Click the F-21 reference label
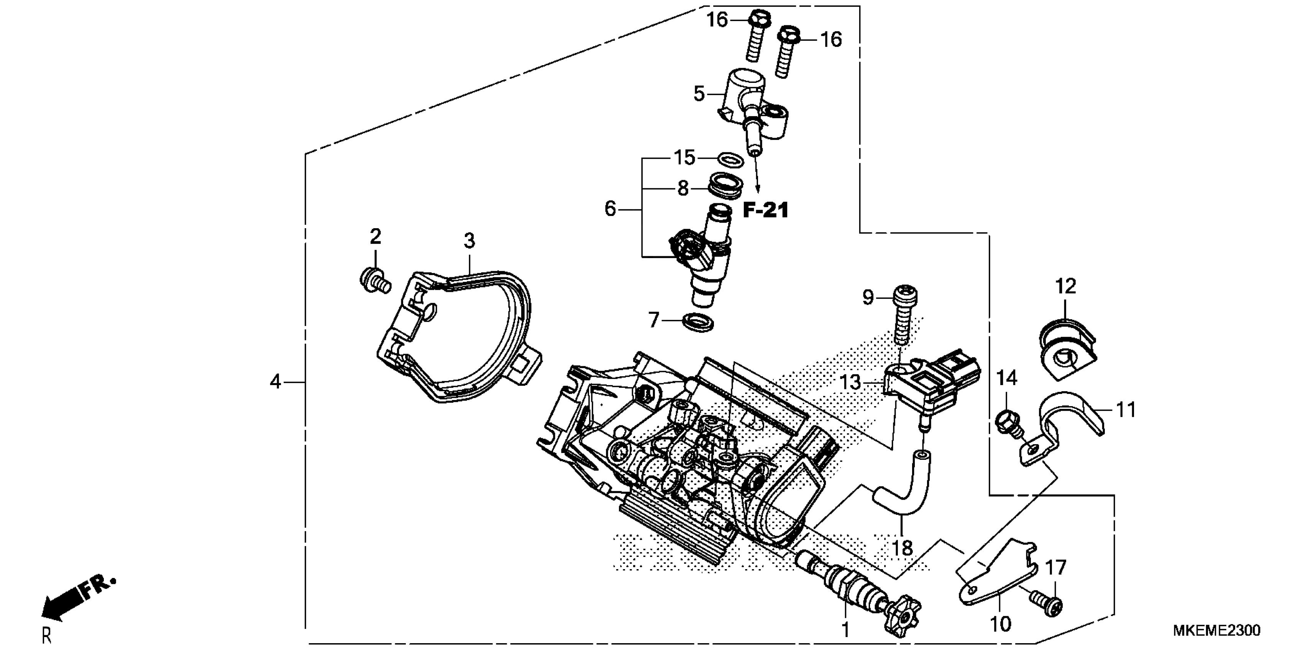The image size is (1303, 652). tap(765, 210)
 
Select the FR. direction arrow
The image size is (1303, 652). tap(76, 600)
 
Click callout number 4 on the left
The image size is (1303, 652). tap(275, 381)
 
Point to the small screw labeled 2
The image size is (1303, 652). tap(374, 280)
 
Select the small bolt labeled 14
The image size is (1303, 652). tap(1008, 421)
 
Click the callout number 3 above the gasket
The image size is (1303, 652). tap(469, 241)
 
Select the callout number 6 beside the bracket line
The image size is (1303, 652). tap(610, 209)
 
